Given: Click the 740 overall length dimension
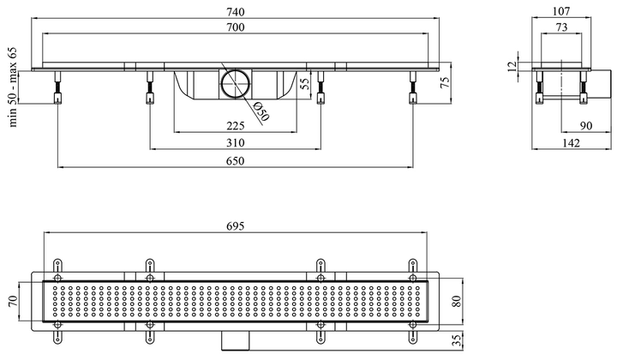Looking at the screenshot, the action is [236, 12].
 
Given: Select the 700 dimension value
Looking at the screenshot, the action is [236, 27].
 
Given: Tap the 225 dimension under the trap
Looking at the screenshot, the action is [236, 126].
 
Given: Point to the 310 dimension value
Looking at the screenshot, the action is [236, 142].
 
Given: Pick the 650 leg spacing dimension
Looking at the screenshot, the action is [236, 161].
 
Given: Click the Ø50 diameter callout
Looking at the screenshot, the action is [261, 111].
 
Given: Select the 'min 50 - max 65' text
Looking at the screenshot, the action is [14, 87].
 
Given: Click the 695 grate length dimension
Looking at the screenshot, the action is [236, 225].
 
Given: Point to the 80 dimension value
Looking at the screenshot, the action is [456, 302].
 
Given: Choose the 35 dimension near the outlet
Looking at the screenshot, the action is [456, 340].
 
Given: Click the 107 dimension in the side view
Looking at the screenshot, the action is [561, 11].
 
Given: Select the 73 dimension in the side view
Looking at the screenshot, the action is [561, 27].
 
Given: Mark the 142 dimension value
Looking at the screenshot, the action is [571, 143].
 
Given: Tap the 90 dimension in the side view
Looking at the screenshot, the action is [586, 126].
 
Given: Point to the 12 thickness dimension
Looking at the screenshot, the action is [512, 66].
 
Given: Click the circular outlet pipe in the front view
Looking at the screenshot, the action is [235, 83].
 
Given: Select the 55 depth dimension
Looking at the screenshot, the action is [305, 84].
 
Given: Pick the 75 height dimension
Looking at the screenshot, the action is [445, 82].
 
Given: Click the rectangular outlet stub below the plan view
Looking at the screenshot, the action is [236, 341].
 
